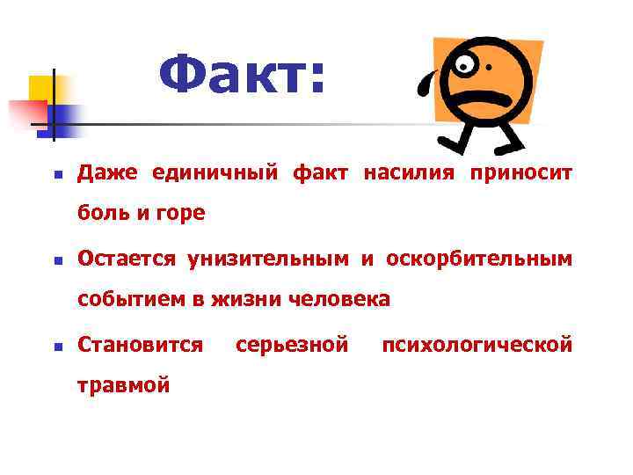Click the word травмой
(123, 384)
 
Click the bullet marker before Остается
(55, 260)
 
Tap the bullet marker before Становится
(55, 347)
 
